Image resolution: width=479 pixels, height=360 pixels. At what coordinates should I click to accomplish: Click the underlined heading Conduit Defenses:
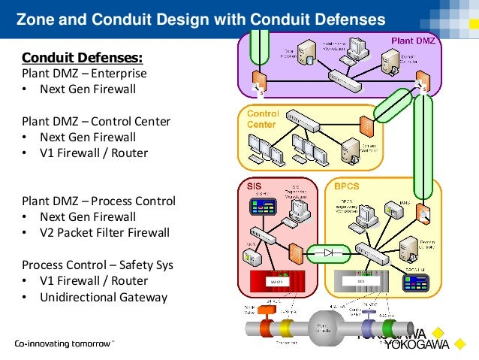click(83, 58)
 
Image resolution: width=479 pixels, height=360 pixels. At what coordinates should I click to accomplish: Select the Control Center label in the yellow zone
click(262, 119)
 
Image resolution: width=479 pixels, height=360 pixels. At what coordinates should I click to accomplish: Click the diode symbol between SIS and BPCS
click(329, 253)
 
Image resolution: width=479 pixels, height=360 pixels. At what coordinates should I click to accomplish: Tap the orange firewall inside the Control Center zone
click(366, 125)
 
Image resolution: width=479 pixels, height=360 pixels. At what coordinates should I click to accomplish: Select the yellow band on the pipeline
click(285, 328)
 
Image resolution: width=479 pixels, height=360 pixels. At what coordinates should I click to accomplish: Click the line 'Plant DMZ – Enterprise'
click(84, 74)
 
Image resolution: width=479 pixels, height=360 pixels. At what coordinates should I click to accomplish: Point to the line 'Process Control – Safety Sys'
click(96, 265)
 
